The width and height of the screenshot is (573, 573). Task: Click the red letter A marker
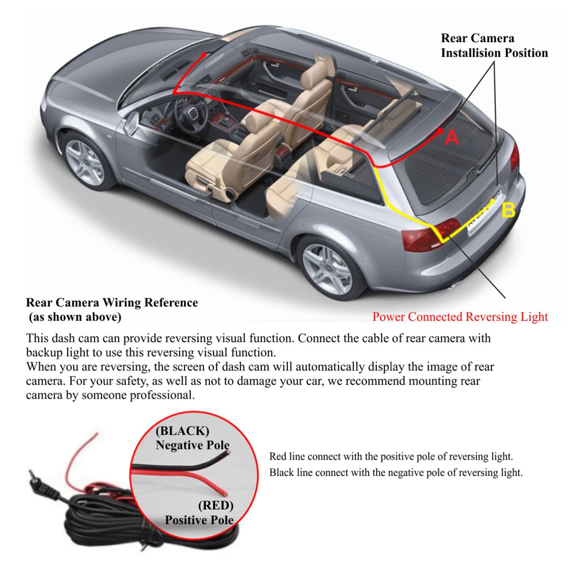[452, 137]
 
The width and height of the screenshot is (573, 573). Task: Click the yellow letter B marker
[509, 210]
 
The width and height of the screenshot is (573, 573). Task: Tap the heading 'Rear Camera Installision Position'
[494, 45]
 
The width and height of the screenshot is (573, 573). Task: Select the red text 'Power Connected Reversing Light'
[460, 317]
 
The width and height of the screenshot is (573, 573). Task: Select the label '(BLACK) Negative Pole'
[192, 438]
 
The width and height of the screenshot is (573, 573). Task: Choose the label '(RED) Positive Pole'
[199, 513]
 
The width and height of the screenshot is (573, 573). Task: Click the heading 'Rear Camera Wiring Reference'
[112, 303]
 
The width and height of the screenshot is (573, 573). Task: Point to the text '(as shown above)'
[75, 317]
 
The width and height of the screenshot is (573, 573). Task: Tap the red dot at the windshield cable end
[204, 55]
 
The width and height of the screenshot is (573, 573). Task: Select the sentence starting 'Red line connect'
[391, 456]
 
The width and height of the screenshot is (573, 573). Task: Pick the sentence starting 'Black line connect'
[396, 473]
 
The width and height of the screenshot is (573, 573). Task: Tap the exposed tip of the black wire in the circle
[228, 452]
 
